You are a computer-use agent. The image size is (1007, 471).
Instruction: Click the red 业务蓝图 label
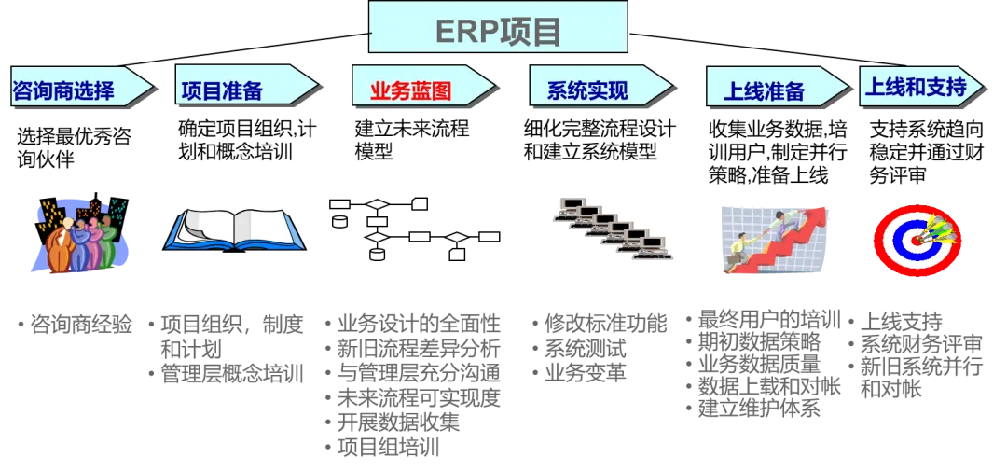(x=411, y=90)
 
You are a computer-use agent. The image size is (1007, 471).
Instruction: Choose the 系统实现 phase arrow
(x=597, y=90)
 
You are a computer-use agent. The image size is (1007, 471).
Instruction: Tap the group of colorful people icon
(x=79, y=235)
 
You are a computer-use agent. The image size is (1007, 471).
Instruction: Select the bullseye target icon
(x=917, y=239)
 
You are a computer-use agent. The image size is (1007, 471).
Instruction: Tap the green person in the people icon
(x=107, y=242)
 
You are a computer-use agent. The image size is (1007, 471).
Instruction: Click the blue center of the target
(x=914, y=240)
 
